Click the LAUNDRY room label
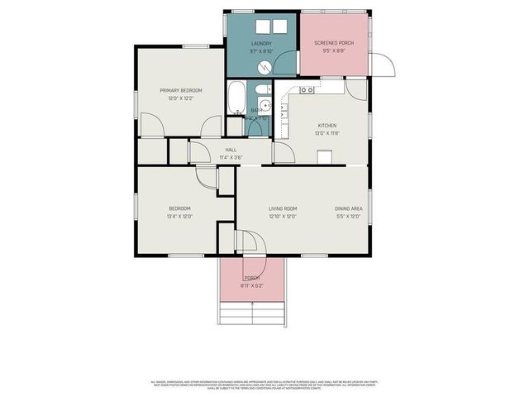tap(261, 43)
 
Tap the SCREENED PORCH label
tap(333, 43)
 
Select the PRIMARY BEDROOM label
tap(180, 90)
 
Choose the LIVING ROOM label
tap(283, 208)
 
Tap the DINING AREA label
tap(347, 208)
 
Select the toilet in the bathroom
tap(260, 90)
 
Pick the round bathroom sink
tap(265, 104)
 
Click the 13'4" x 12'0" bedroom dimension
tap(179, 217)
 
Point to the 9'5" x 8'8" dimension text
tap(333, 51)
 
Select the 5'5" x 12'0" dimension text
tap(347, 217)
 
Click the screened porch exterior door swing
tap(381, 64)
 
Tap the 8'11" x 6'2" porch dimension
tap(251, 286)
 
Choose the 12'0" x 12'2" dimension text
tap(180, 98)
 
